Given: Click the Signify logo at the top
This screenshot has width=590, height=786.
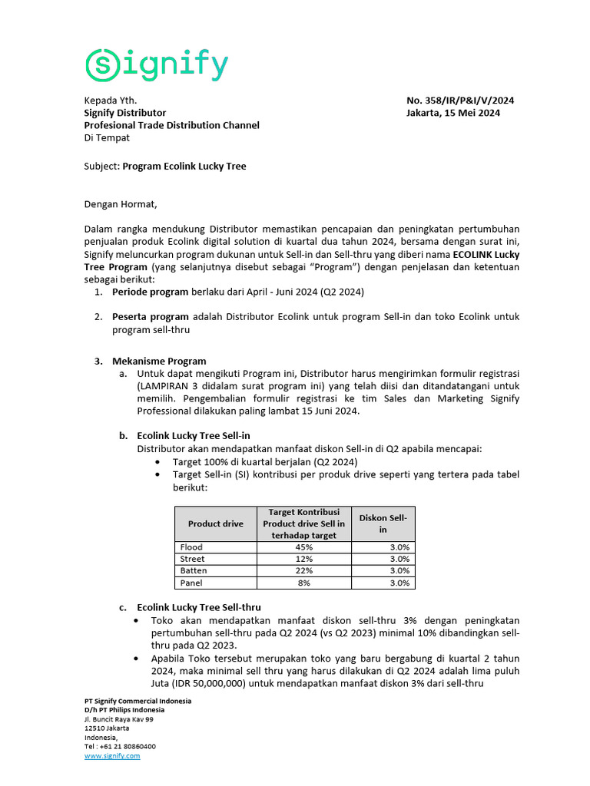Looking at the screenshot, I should pos(156,65).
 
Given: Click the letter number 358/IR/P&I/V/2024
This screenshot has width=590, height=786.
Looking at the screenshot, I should pos(460,101).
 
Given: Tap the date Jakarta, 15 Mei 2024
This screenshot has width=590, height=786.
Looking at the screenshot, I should pos(453,113).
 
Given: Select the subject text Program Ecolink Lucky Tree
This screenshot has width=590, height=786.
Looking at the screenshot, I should pos(184,166).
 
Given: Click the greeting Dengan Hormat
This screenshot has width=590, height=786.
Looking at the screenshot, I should pos(120,204).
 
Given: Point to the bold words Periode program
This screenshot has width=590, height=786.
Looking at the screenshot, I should pos(150,292).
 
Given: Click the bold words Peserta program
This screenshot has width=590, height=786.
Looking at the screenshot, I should pos(150,316).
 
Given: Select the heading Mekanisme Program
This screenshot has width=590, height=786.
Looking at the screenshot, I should pos(159,361).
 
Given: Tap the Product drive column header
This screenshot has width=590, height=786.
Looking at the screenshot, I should pos(215,523).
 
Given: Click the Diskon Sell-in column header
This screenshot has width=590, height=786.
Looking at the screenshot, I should pos(383,523).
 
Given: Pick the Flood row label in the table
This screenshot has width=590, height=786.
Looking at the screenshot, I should pos(191,547).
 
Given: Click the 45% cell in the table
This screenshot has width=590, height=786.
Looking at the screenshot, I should pos(303,547).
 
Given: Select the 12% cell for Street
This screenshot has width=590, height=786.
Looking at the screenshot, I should pos(303,559).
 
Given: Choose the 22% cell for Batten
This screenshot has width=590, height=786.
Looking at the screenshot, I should pos(303,570).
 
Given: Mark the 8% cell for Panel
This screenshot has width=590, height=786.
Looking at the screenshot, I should pos(303,583).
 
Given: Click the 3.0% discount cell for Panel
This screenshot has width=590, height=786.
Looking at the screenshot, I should pos(399,583).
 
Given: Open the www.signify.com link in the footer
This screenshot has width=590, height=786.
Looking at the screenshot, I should pos(112,756).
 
